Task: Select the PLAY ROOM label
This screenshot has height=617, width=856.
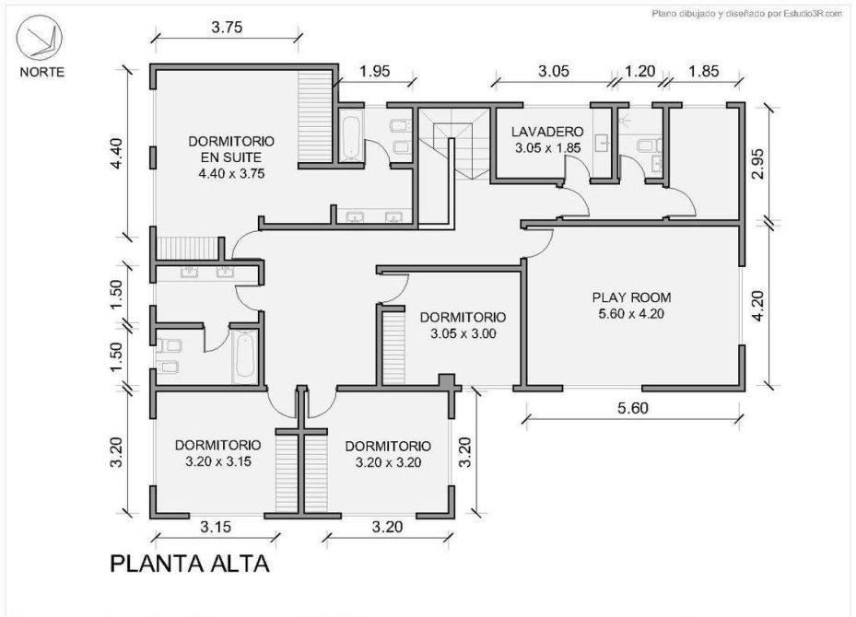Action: tap(631, 297)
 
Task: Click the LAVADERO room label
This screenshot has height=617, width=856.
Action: tap(547, 132)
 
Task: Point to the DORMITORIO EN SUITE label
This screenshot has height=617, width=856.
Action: tap(231, 156)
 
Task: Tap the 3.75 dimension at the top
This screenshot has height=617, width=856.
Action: tap(226, 27)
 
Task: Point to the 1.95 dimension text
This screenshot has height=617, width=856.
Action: tap(375, 71)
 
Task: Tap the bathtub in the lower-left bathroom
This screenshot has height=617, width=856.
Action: tap(244, 355)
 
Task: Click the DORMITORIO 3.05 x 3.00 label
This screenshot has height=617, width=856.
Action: tap(463, 325)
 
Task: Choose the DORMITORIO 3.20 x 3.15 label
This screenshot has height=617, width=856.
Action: tap(217, 452)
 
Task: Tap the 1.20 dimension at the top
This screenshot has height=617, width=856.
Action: tap(640, 71)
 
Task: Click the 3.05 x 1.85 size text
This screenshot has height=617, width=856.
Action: tap(547, 147)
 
